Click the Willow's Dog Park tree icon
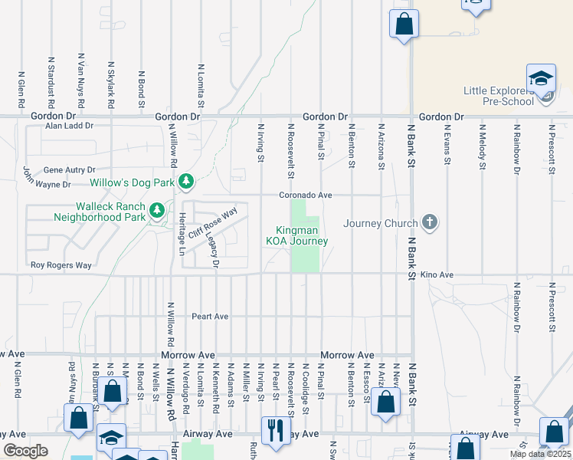pyautogui.click(x=185, y=182)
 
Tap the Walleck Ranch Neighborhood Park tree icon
pyautogui.click(x=157, y=209)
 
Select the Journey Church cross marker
pyautogui.click(x=430, y=223)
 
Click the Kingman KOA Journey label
pyautogui.click(x=296, y=235)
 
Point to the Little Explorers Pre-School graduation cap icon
pyautogui.click(x=540, y=79)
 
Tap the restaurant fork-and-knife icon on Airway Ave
pyautogui.click(x=272, y=429)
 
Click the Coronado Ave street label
pyautogui.click(x=305, y=195)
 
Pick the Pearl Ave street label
pyautogui.click(x=210, y=316)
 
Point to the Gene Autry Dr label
pyautogui.click(x=70, y=169)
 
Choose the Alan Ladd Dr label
pyautogui.click(x=69, y=126)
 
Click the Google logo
pyautogui.click(x=25, y=452)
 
